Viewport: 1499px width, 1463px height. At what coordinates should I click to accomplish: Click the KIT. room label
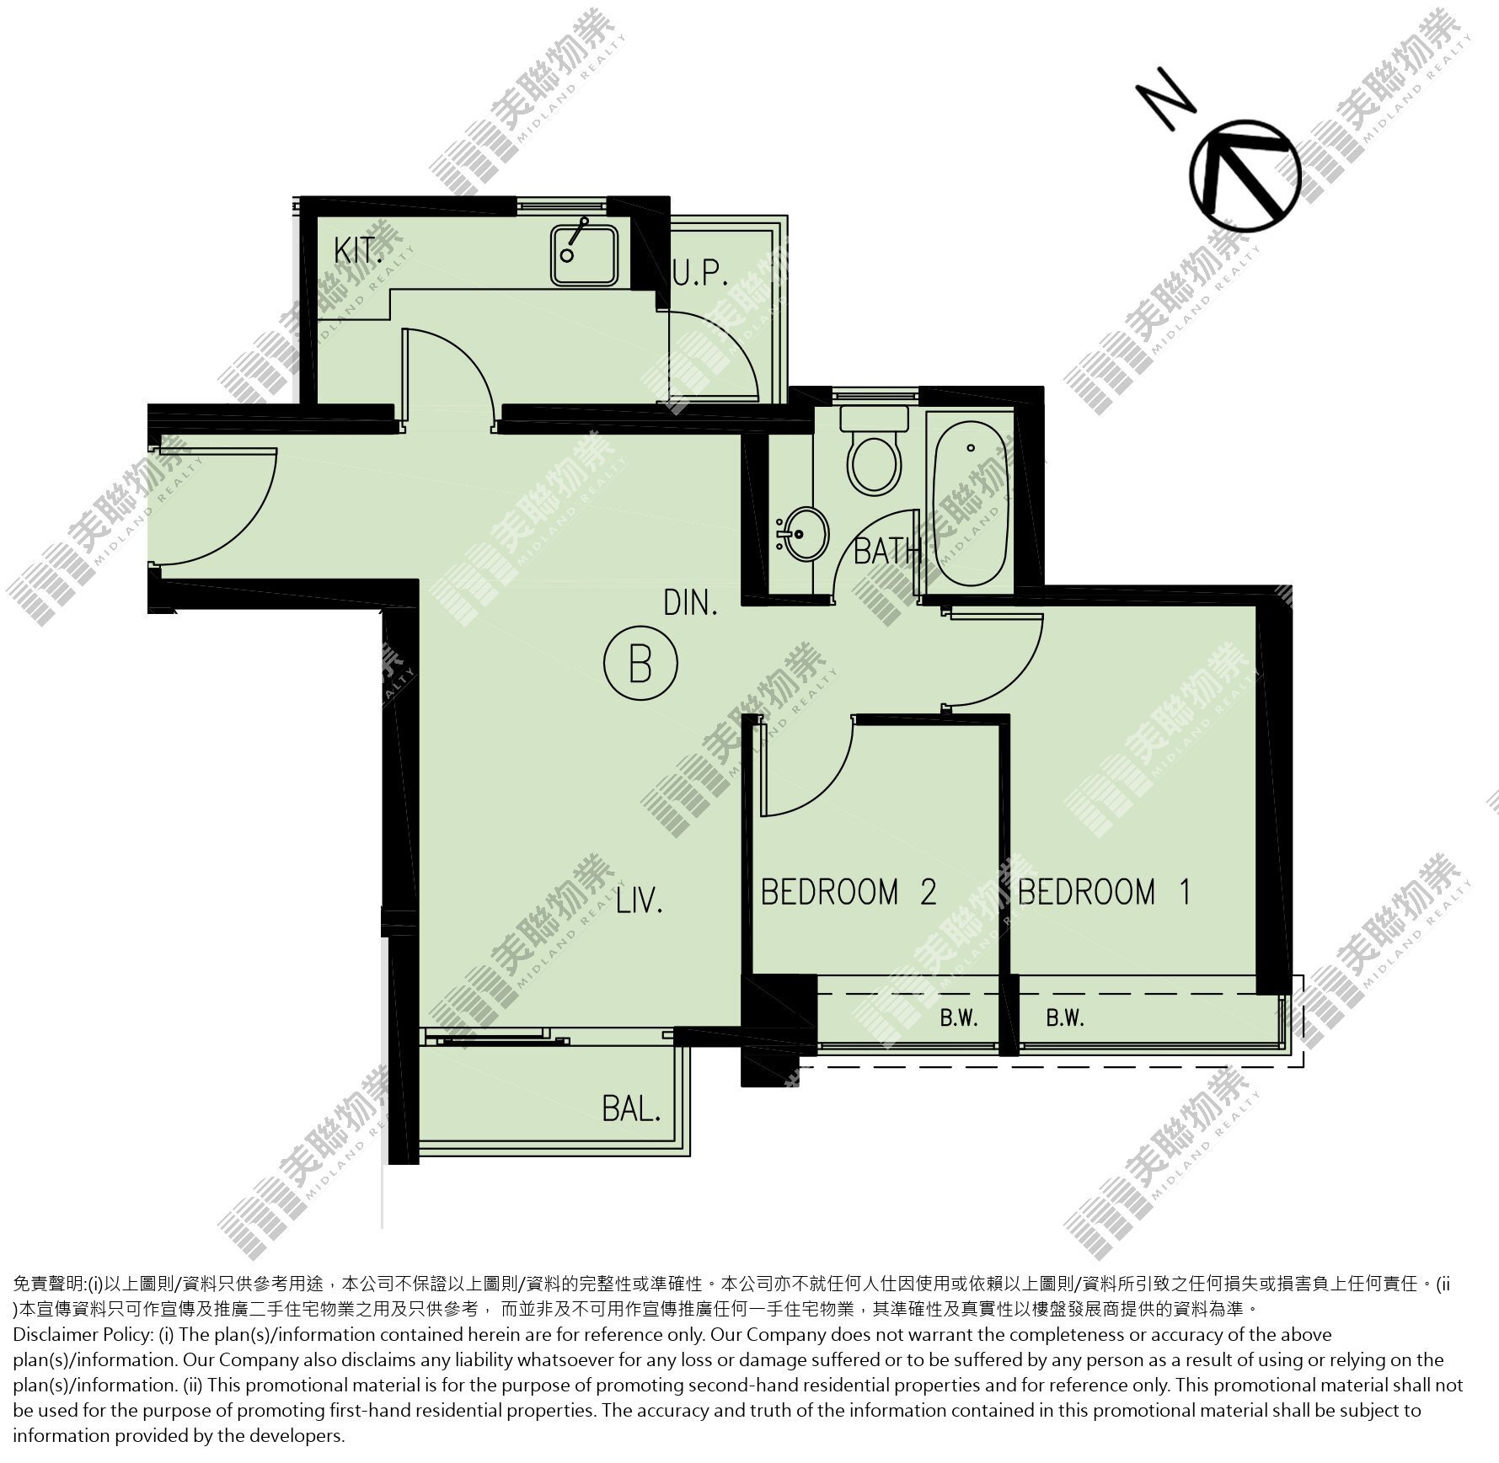pyautogui.click(x=356, y=250)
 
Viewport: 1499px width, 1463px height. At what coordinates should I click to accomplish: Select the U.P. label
pyautogui.click(x=700, y=274)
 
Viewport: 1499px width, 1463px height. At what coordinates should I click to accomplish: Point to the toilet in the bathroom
pyautogui.click(x=875, y=451)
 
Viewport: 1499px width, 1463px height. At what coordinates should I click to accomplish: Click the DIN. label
pyautogui.click(x=690, y=603)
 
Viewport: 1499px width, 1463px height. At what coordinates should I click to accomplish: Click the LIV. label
pyautogui.click(x=640, y=901)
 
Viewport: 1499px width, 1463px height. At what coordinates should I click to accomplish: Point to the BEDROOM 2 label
pyautogui.click(x=849, y=891)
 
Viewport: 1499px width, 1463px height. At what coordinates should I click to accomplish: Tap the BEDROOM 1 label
pyautogui.click(x=1105, y=891)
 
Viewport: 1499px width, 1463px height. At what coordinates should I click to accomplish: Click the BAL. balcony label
pyautogui.click(x=631, y=1109)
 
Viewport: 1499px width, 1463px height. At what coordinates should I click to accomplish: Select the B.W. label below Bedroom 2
pyautogui.click(x=959, y=1018)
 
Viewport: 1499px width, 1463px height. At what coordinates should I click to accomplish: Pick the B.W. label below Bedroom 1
pyautogui.click(x=1065, y=1018)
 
